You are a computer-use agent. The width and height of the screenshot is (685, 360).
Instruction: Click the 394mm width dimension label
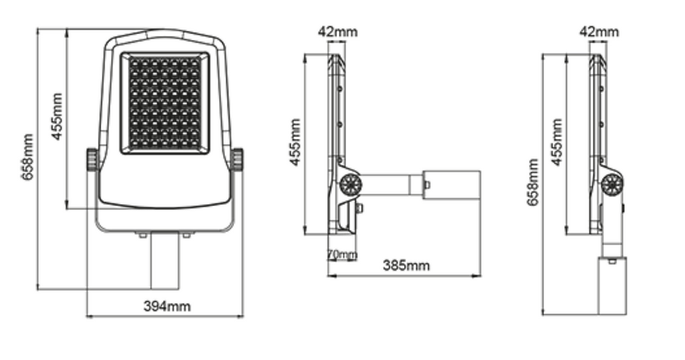(x=167, y=306)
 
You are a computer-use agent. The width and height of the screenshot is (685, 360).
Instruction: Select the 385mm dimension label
(x=406, y=266)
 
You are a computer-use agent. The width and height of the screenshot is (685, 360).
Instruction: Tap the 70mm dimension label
(x=342, y=254)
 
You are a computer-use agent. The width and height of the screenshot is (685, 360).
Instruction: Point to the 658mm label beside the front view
(x=27, y=157)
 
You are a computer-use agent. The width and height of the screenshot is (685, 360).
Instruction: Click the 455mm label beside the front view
(x=57, y=117)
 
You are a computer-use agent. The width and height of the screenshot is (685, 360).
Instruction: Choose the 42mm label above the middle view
(x=338, y=31)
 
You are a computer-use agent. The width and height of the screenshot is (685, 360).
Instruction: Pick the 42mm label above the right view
(x=600, y=31)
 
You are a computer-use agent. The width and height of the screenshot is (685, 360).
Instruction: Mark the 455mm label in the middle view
(x=295, y=142)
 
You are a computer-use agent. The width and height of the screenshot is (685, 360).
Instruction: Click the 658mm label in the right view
(x=533, y=182)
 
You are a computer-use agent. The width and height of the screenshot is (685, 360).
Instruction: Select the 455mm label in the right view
(x=556, y=142)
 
